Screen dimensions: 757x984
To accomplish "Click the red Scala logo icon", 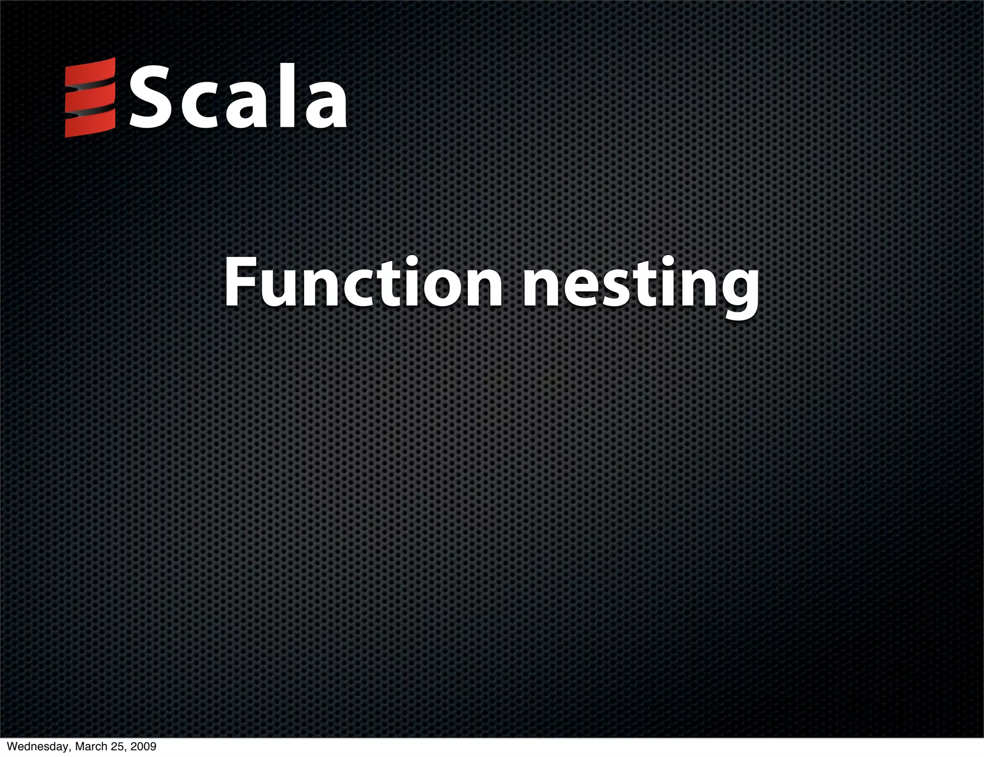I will (90, 97).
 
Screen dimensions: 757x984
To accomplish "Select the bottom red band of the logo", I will (90, 124).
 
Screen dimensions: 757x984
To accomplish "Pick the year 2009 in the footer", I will (144, 747).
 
